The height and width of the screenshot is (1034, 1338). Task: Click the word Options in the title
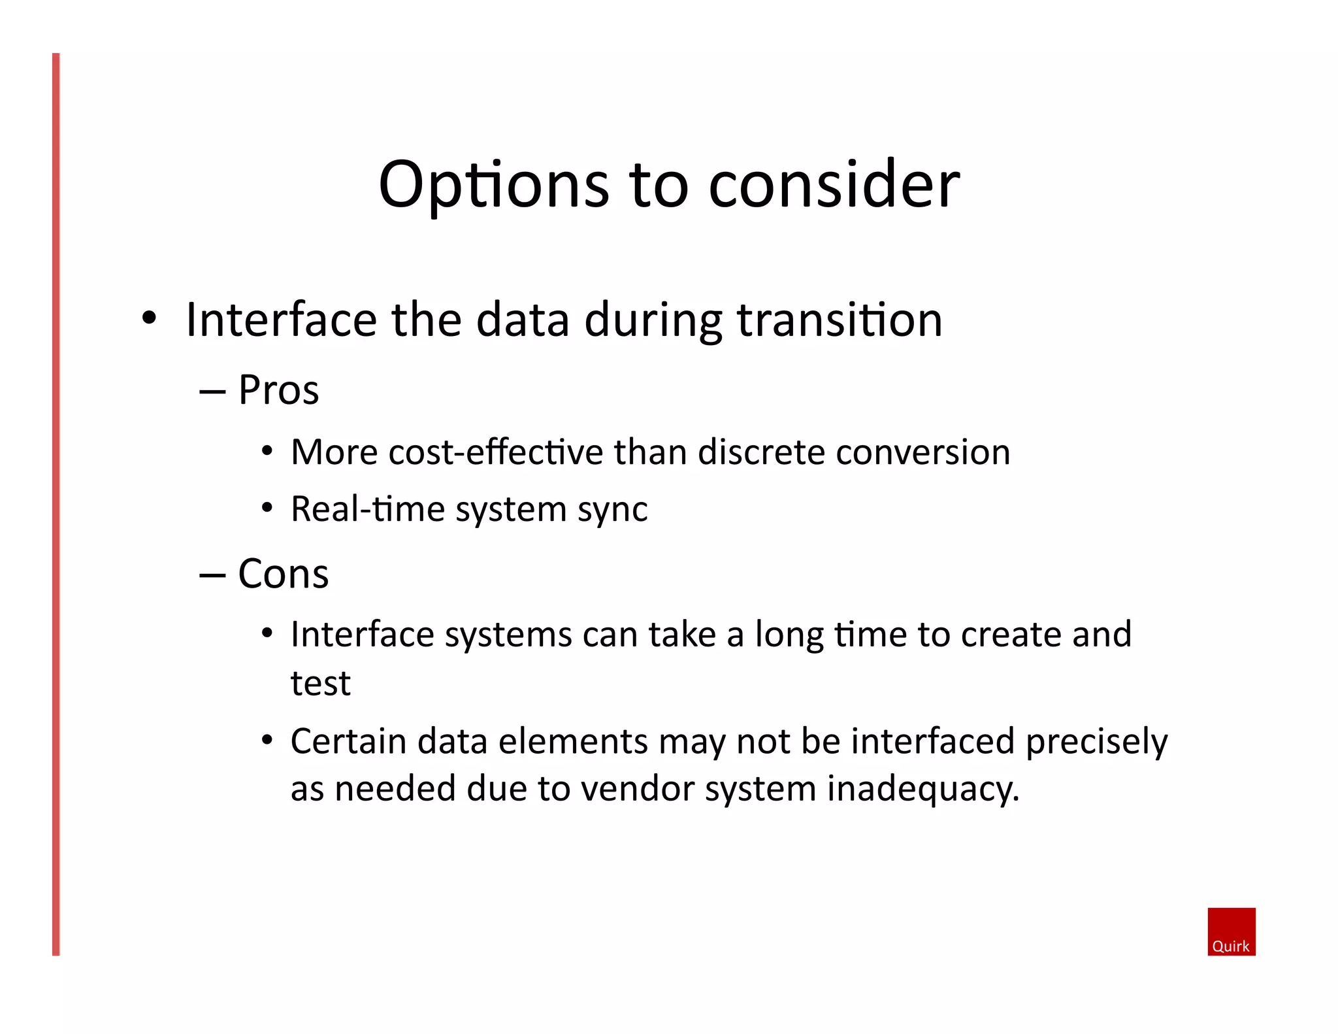pyautogui.click(x=493, y=186)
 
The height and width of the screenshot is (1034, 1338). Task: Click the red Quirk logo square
pyautogui.click(x=1231, y=931)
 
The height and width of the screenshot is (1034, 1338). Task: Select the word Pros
pyautogui.click(x=278, y=390)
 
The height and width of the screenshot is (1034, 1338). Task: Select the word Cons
pyautogui.click(x=283, y=574)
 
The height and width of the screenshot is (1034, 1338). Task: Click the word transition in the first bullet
pyautogui.click(x=840, y=320)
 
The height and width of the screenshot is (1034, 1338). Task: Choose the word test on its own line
pyautogui.click(x=320, y=684)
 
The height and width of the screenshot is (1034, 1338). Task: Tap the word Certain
pyautogui.click(x=348, y=742)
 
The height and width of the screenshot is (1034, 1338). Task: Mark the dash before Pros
pyautogui.click(x=212, y=392)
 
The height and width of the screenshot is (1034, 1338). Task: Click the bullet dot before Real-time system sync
pyautogui.click(x=267, y=508)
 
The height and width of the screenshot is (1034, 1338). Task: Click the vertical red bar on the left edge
pyautogui.click(x=56, y=503)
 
